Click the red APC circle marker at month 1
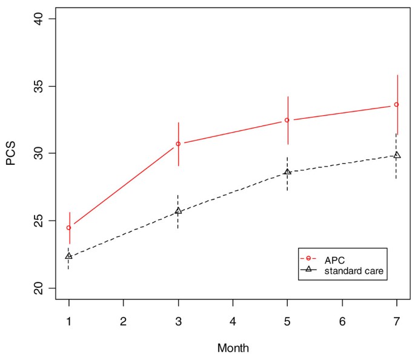coord(68,228)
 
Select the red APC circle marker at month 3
coord(178,144)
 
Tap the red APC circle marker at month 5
coord(287,120)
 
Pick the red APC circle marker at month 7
coord(396,104)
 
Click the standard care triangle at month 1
coord(68,256)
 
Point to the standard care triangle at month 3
coord(178,211)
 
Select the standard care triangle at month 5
coord(287,172)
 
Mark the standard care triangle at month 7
coord(396,155)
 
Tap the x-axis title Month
coord(233,348)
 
